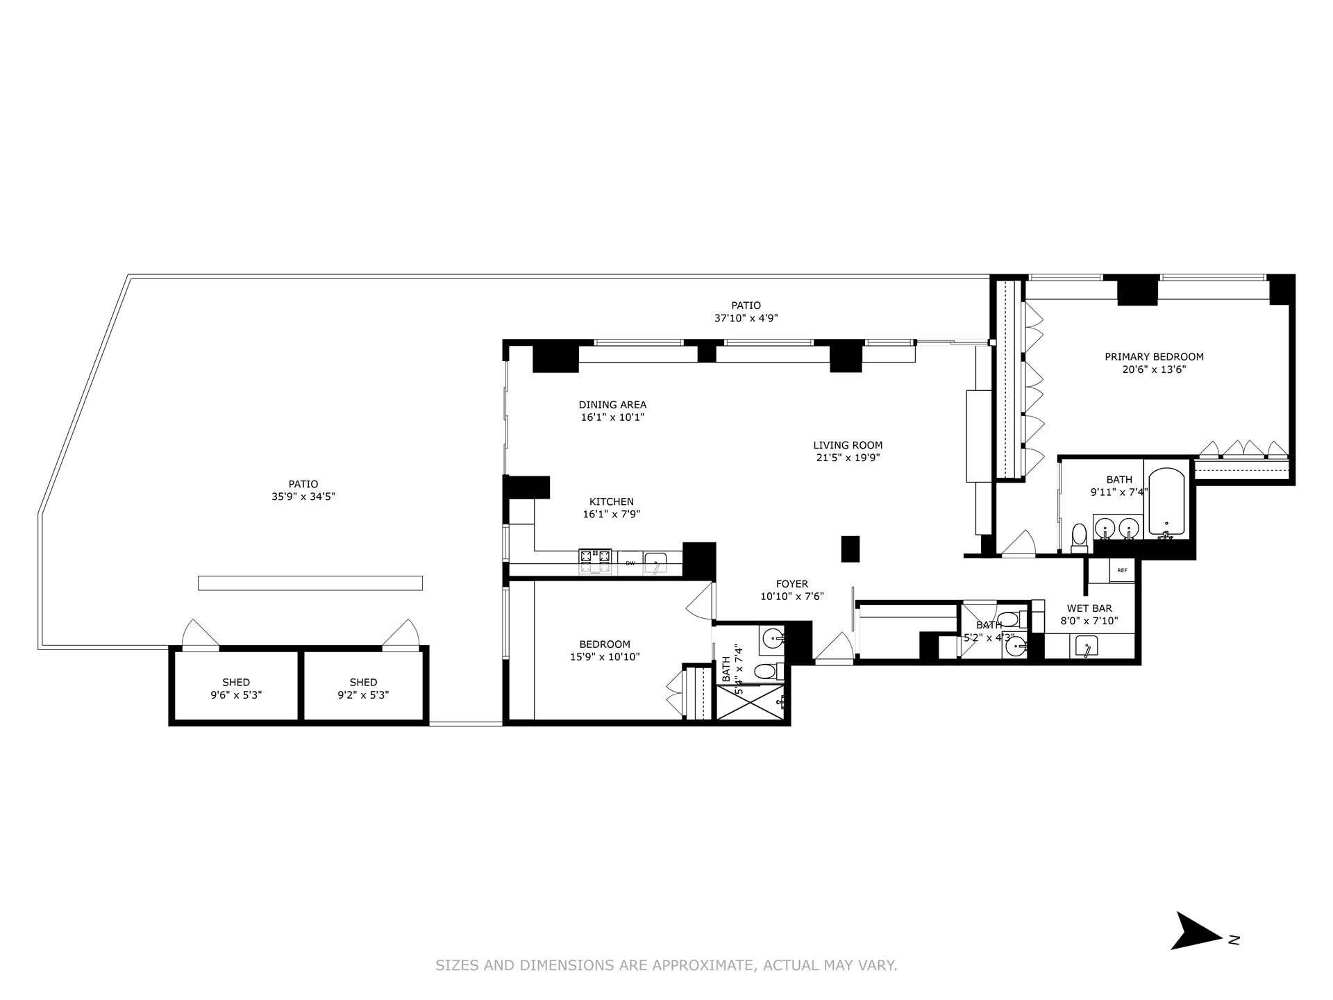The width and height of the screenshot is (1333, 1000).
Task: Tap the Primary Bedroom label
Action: tap(1154, 357)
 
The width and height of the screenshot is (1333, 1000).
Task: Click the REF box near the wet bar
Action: tap(1122, 571)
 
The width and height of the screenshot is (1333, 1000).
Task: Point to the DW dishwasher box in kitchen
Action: tap(630, 562)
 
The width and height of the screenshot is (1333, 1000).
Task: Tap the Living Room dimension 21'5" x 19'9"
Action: tap(848, 458)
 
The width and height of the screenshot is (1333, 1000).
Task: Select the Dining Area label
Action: tap(612, 405)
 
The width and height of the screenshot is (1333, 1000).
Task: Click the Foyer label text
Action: tap(792, 584)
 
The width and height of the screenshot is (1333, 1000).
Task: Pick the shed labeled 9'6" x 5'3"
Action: tap(236, 688)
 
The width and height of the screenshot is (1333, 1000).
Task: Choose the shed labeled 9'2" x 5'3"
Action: tap(363, 688)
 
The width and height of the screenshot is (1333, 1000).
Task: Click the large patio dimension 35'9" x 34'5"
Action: tap(303, 497)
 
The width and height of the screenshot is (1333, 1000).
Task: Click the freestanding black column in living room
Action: tap(850, 549)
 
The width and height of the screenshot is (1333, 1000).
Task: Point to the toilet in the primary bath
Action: tap(1079, 537)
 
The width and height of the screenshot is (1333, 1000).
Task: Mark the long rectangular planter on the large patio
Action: tap(310, 583)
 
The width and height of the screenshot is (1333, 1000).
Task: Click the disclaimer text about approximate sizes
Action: tap(666, 965)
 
